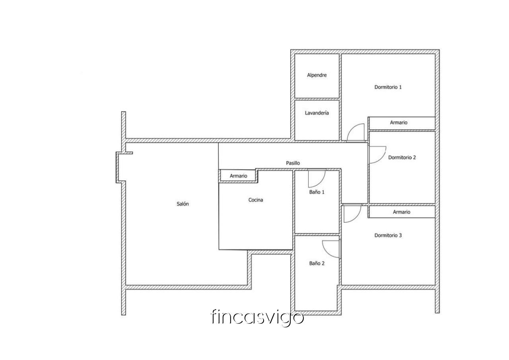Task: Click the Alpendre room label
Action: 317,75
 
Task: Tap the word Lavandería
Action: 317,113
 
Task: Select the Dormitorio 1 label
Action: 388,87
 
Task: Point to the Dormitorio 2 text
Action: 402,157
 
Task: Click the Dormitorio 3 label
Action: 388,235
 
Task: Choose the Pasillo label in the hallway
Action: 293,163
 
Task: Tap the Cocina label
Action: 256,200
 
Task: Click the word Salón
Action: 183,204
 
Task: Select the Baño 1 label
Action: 317,192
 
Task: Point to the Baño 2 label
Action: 317,263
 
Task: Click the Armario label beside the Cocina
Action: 238,176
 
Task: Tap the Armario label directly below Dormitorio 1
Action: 398,123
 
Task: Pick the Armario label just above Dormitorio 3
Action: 402,212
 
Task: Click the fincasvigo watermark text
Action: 257,317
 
